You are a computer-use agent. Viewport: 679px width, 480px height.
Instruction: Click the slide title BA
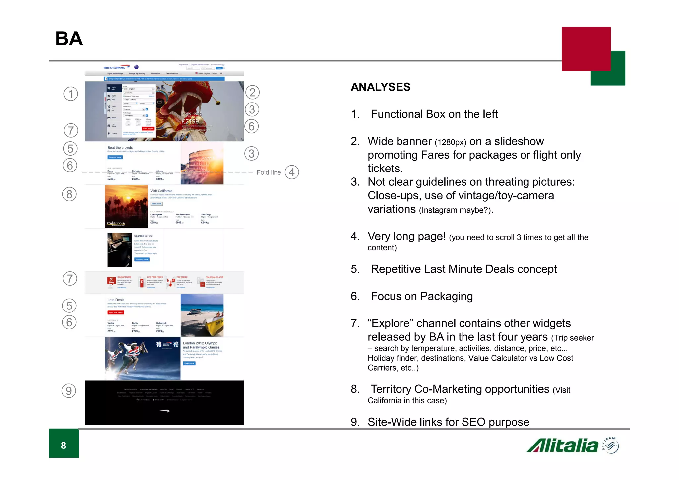pos(69,39)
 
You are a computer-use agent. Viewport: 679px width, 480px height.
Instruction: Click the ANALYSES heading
pos(381,87)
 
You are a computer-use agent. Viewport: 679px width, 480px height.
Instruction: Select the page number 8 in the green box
pos(64,445)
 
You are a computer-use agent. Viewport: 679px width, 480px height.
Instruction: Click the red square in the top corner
pos(586,48)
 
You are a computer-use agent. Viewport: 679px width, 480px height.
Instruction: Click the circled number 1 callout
pos(71,94)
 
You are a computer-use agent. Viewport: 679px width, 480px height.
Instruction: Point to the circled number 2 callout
pos(252,92)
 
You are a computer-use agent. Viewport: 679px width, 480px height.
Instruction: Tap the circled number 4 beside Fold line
pos(292,172)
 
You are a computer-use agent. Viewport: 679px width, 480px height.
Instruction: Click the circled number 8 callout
pos(69,194)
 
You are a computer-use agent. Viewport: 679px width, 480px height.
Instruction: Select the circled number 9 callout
pos(69,391)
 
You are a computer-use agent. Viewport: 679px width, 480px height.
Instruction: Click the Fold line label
pos(269,172)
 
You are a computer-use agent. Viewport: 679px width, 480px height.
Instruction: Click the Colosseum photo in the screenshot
pos(202,163)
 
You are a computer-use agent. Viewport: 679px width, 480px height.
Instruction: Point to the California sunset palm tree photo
pos(126,206)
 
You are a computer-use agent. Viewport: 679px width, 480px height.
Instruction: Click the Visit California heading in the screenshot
pos(161,191)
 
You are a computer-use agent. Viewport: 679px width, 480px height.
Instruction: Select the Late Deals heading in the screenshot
pos(116,300)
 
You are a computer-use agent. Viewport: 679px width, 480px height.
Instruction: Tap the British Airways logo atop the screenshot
pos(115,67)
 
